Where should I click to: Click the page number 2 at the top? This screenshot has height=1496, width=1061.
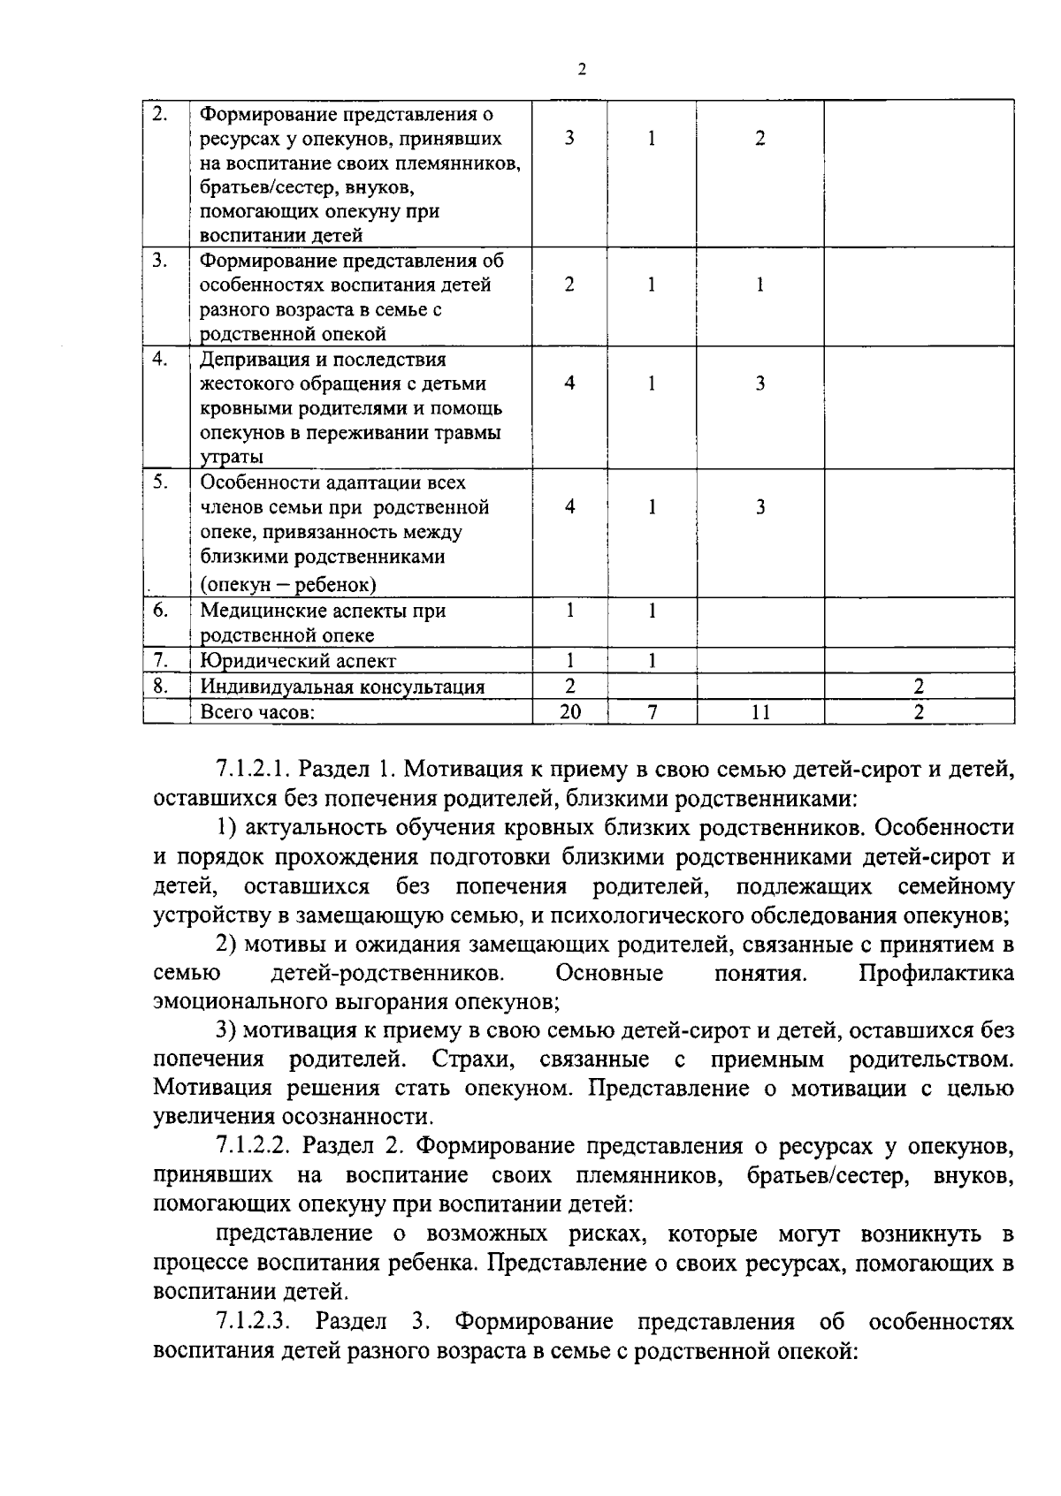(x=581, y=70)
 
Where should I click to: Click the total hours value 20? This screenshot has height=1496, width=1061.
(x=570, y=711)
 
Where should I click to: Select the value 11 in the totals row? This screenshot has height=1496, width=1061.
(x=760, y=711)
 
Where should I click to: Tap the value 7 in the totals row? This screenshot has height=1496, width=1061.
(x=652, y=711)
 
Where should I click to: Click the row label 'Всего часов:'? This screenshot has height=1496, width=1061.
(x=257, y=712)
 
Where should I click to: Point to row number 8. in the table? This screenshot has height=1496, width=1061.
(x=160, y=685)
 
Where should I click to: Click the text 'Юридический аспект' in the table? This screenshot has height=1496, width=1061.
(x=298, y=661)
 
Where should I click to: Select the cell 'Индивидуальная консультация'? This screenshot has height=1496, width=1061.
(x=342, y=687)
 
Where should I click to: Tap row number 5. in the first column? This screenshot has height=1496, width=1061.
(x=159, y=482)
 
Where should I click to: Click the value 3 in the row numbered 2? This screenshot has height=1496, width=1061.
(x=569, y=139)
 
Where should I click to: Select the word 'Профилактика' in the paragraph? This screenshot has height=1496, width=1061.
(x=935, y=974)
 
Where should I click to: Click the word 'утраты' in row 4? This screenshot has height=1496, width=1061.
(x=232, y=458)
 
